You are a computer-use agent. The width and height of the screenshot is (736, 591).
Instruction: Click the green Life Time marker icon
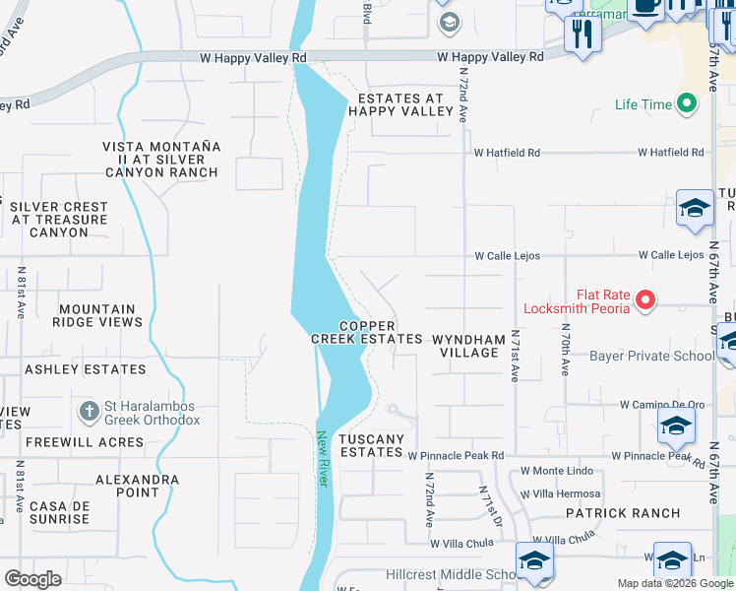[x=686, y=104]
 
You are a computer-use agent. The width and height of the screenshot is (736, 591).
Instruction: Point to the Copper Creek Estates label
[x=367, y=333]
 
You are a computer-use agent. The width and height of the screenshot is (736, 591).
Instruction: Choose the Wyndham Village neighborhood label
[x=468, y=346]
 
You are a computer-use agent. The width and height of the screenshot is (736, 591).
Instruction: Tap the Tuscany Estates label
[x=371, y=445]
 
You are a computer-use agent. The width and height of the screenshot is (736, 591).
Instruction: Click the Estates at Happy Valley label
[x=400, y=105]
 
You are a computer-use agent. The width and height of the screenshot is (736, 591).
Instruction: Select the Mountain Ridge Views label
[x=95, y=315]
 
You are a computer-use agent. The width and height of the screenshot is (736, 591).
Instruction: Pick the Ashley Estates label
[x=85, y=369]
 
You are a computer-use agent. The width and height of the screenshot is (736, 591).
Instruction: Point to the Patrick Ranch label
[x=622, y=513]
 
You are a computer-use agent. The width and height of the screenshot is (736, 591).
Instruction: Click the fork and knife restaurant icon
[x=583, y=34]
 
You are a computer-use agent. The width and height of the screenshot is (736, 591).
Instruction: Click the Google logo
[x=32, y=579]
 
